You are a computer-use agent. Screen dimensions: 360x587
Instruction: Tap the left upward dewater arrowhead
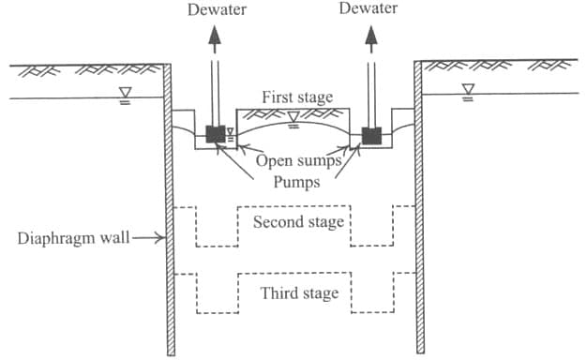click(215, 35)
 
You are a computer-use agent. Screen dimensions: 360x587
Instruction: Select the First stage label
click(296, 97)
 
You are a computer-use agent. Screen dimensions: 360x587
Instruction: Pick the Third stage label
click(299, 293)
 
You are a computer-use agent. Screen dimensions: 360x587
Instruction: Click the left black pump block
click(216, 135)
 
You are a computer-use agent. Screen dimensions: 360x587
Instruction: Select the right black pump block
click(371, 135)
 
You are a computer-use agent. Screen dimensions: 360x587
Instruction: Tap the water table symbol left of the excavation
click(125, 92)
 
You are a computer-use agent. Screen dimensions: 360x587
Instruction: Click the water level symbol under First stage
click(293, 117)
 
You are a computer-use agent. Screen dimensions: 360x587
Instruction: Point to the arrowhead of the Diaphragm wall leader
click(158, 237)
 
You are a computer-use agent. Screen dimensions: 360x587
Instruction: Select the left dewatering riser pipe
click(215, 89)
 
